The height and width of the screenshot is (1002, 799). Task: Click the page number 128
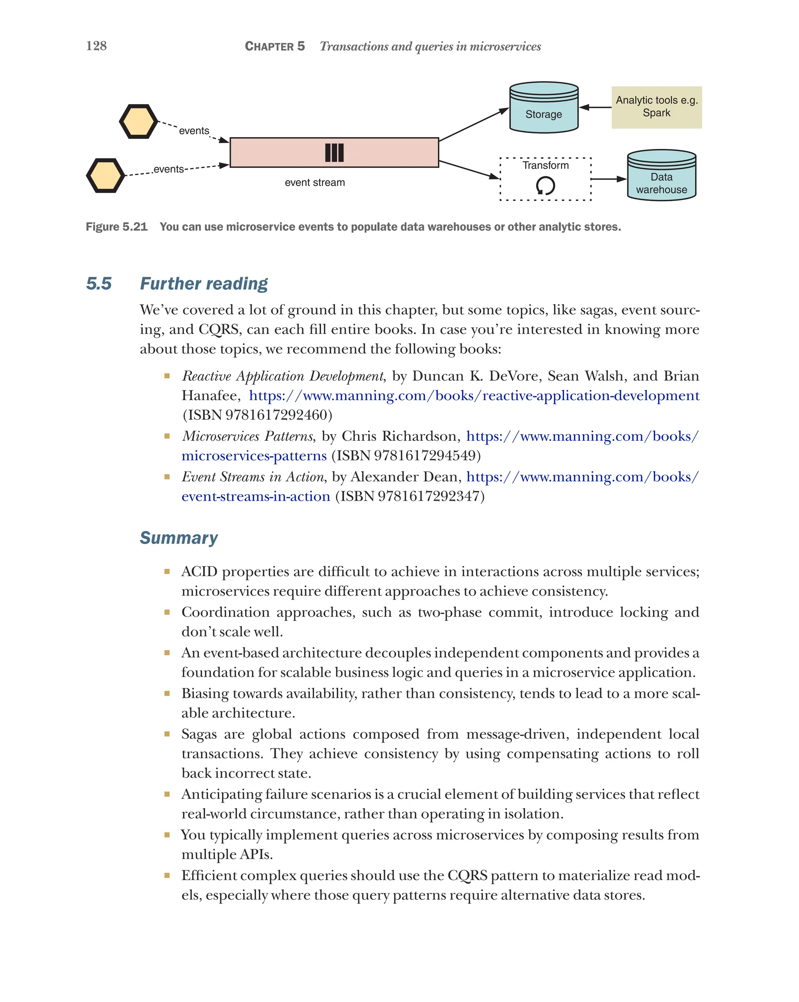click(96, 46)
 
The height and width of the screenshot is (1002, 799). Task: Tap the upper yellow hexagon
click(138, 121)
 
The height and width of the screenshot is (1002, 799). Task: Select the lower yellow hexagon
click(105, 176)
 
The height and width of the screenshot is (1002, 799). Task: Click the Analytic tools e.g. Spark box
click(656, 107)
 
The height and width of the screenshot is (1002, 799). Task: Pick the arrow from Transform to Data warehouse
click(608, 179)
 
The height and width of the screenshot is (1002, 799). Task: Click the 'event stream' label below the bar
click(315, 183)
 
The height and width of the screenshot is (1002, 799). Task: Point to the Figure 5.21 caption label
click(116, 227)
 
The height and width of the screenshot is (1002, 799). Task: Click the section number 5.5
click(99, 284)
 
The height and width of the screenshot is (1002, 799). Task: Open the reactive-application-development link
click(474, 395)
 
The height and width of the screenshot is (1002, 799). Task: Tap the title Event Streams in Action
click(252, 477)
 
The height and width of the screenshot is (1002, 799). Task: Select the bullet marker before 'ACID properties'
click(167, 572)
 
